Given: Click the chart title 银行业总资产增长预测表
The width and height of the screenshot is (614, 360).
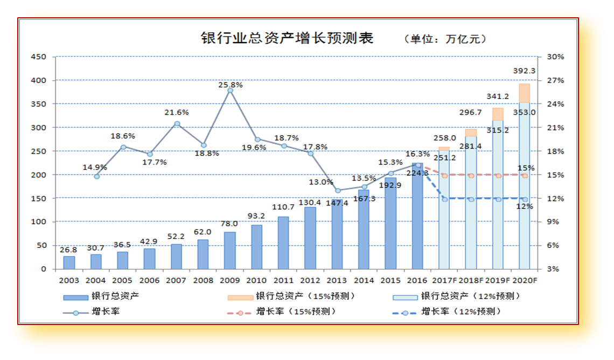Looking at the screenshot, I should pos(287,38).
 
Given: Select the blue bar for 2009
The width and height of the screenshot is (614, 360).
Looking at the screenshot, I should pos(230,251).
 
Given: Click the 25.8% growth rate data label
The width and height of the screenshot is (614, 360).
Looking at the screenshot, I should pos(230,85).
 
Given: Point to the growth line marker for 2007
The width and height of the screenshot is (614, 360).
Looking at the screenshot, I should pos(177,124).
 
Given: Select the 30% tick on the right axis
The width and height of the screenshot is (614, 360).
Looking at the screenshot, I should pos(555,57).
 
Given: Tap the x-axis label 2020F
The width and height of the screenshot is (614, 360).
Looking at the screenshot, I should pos(525,280).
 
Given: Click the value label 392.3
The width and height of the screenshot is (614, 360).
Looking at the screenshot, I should pos(524,71).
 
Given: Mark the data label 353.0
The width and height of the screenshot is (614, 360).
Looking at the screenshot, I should pos(524,112).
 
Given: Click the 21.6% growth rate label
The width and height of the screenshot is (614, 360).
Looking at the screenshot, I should pos(177,112).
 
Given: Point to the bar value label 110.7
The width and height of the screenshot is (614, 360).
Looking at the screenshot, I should pos(283,207).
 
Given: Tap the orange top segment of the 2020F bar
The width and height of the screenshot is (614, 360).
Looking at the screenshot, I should pos(524,93).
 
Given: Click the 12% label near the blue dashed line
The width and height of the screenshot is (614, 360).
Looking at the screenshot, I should pos(525,206).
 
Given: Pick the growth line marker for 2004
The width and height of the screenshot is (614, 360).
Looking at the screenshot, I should pos(96,176).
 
